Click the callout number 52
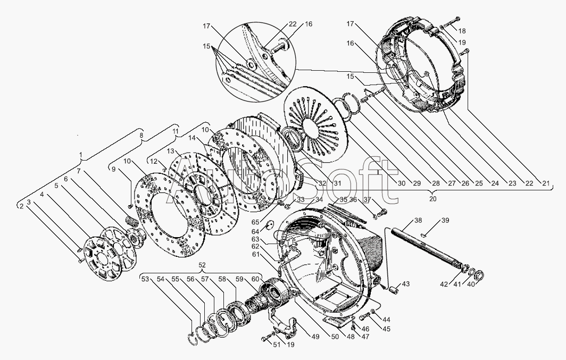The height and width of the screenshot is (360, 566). (x=202, y=265)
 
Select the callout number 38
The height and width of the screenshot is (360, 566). (x=418, y=220)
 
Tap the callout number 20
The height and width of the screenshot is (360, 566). (x=432, y=198)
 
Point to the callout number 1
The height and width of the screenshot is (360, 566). (x=80, y=155)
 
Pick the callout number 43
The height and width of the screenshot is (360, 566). (x=406, y=284)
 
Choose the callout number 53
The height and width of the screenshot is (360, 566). (x=145, y=279)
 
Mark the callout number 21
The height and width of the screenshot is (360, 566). (x=545, y=183)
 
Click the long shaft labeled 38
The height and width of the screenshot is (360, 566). (x=426, y=248)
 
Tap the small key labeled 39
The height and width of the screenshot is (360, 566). (x=424, y=236)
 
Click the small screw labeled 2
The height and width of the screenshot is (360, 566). (x=81, y=261)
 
